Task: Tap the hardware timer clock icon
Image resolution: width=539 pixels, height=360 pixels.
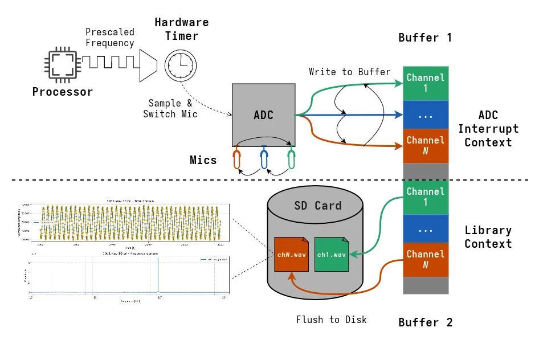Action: pyautogui.click(x=180, y=64)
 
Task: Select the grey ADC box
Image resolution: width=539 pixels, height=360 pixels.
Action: pyautogui.click(x=263, y=114)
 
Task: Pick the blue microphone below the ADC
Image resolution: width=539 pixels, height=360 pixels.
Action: pyautogui.click(x=264, y=159)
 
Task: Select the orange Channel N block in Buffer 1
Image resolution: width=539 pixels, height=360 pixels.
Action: pyautogui.click(x=425, y=146)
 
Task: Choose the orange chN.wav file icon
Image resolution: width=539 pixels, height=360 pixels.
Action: pyautogui.click(x=292, y=254)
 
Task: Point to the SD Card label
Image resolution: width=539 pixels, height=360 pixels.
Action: pyautogui.click(x=317, y=206)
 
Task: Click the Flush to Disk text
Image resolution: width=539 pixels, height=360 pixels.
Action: pyautogui.click(x=331, y=320)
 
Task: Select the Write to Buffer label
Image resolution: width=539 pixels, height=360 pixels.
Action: pyautogui.click(x=349, y=72)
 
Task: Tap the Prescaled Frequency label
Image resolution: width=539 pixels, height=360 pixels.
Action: pyautogui.click(x=109, y=38)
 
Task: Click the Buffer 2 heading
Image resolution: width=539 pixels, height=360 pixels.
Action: pyautogui.click(x=425, y=322)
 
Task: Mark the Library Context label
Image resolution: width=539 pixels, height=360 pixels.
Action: pyautogui.click(x=488, y=237)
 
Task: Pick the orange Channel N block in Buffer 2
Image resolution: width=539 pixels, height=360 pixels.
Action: pyautogui.click(x=425, y=260)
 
